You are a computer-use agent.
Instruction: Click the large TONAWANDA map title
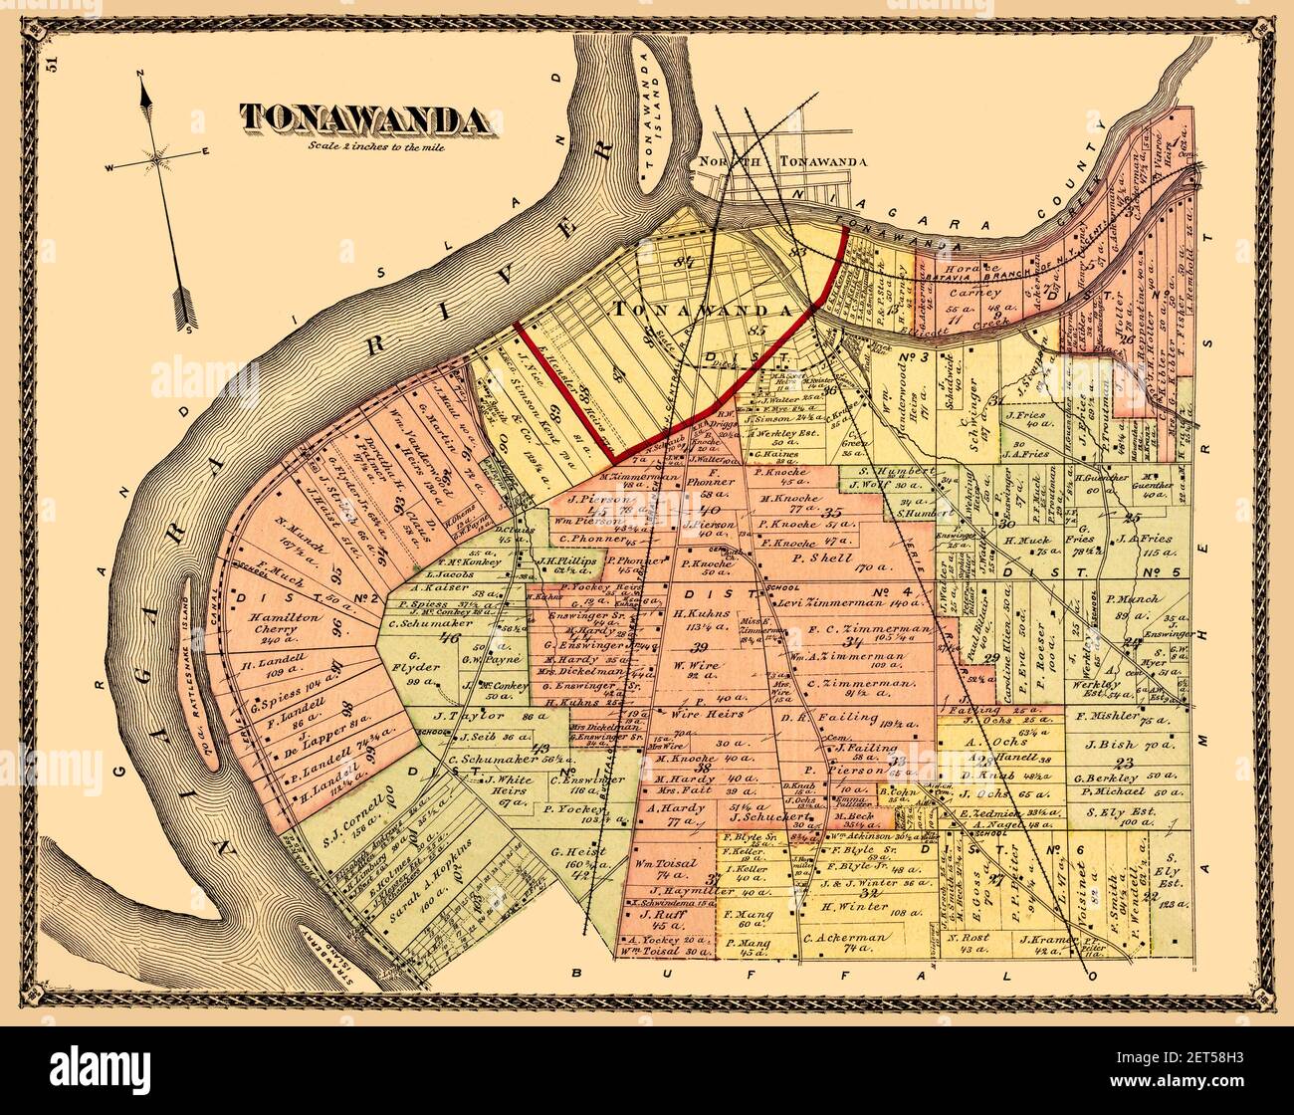click(363, 118)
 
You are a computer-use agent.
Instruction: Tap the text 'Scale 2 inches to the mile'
click(363, 146)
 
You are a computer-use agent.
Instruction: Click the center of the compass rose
click(157, 156)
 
